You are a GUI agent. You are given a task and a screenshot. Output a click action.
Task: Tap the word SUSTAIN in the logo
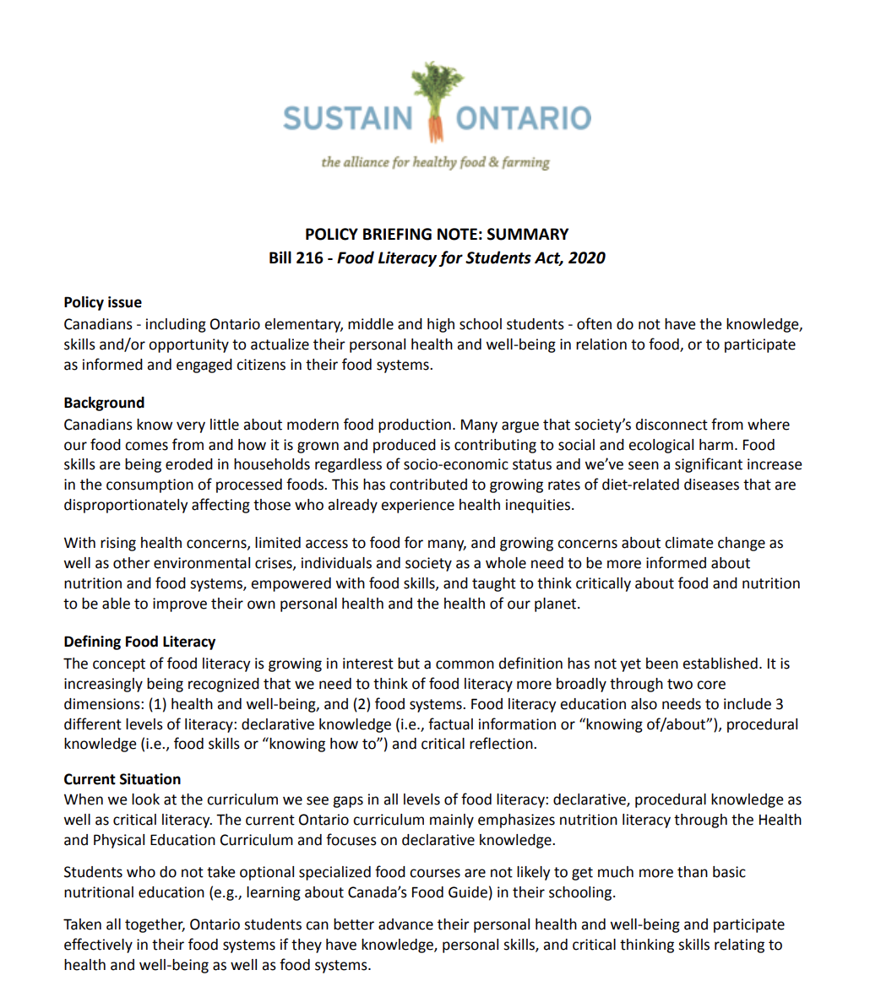[x=347, y=117]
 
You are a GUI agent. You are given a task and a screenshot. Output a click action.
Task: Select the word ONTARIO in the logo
[x=524, y=117]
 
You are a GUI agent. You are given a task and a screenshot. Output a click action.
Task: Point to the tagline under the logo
[x=435, y=162]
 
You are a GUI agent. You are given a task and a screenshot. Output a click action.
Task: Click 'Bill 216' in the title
[x=296, y=257]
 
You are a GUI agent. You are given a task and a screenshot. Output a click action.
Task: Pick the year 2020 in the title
[x=586, y=257]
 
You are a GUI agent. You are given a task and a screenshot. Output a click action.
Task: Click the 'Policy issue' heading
[x=102, y=302]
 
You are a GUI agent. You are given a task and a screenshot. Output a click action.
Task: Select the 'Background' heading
[x=104, y=403]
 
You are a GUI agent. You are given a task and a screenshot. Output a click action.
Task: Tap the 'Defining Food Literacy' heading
[x=139, y=642]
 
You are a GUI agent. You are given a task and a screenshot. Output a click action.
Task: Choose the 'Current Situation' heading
[x=122, y=779]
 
